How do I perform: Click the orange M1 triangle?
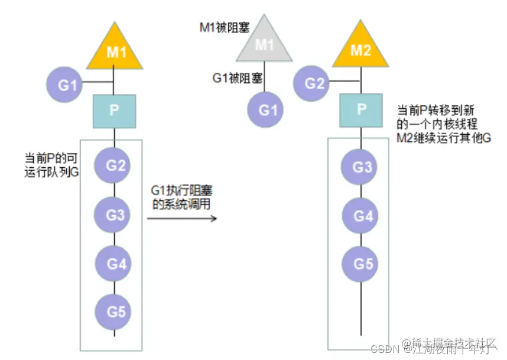pos(115,51)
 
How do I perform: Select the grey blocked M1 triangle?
pos(264,47)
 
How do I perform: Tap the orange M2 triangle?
pos(360,51)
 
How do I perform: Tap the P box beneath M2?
pos(362,110)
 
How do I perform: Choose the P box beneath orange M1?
pos(115,110)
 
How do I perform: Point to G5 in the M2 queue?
pos(362,263)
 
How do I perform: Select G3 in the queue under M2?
pos(362,167)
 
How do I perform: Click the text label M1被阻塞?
pos(225,27)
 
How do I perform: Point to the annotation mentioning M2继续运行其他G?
pos(443,124)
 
